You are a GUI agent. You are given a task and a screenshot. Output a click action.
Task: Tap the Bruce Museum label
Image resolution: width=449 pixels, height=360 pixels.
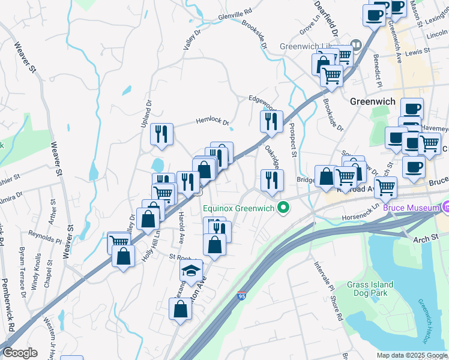pos(411,208)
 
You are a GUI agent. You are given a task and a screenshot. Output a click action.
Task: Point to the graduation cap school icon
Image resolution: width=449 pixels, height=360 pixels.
pos(191,272)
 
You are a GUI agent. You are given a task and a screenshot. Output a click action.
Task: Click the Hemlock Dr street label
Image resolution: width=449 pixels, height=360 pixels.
pos(212,122)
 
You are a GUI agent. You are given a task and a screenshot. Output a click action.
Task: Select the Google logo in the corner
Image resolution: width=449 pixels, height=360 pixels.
pos(20,353)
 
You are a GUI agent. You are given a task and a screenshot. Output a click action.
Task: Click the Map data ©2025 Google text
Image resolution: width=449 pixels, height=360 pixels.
pos(412,355)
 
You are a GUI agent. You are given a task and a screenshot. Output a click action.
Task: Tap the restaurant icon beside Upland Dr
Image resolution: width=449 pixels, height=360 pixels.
pos(161,134)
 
